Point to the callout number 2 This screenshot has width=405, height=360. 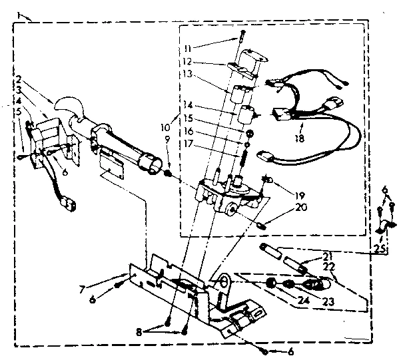coord(19,78)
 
